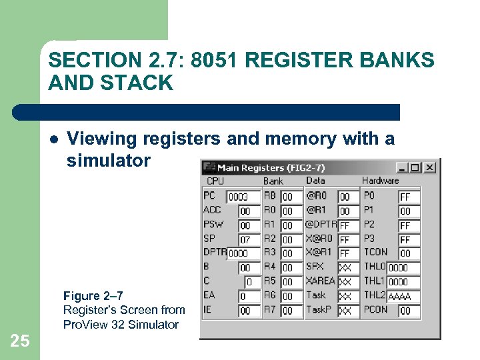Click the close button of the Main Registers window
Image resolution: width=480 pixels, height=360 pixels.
click(430, 167)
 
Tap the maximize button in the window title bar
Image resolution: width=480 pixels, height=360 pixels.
click(416, 167)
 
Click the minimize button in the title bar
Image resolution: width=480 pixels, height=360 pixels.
click(403, 167)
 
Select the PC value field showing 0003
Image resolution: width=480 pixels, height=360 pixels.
click(243, 197)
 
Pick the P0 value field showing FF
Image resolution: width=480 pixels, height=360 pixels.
click(409, 197)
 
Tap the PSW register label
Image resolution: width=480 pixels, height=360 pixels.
click(213, 225)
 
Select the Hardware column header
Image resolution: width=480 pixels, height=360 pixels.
click(380, 181)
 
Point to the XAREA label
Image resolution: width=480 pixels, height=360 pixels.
click(321, 281)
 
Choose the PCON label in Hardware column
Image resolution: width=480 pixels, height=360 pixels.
click(375, 309)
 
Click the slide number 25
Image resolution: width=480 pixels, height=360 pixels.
click(20, 341)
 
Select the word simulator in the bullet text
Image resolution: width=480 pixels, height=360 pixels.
click(109, 161)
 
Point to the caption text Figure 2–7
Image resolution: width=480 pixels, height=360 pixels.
click(93, 295)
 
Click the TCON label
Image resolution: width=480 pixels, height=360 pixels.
click(376, 252)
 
